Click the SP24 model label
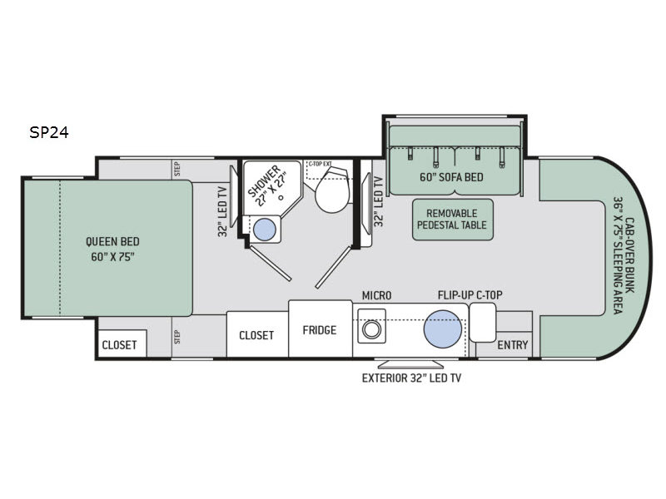click(49, 132)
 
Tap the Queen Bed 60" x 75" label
click(112, 249)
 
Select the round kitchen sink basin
click(443, 329)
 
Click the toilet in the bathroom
click(332, 190)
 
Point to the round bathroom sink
click(265, 230)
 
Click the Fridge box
click(321, 329)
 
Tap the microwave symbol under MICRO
click(371, 326)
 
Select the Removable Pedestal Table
click(452, 220)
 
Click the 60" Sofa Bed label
click(451, 177)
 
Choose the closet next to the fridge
click(257, 334)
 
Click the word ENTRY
click(513, 345)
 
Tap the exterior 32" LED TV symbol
click(410, 364)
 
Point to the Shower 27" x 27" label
click(267, 185)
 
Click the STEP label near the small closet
click(177, 337)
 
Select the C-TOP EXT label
click(320, 163)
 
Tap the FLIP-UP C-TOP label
click(470, 295)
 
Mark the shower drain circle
click(281, 197)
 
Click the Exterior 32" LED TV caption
click(411, 378)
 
